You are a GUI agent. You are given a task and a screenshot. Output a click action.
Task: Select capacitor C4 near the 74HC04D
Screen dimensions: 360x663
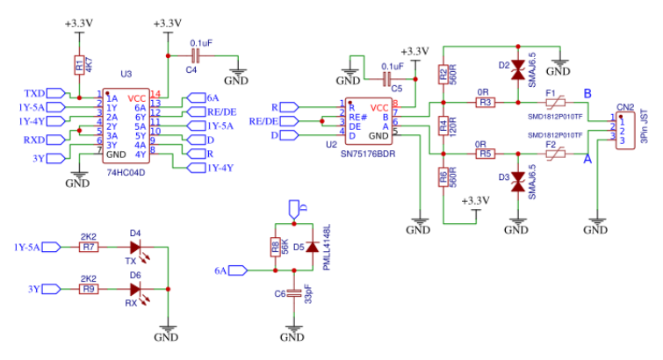[x=195, y=55]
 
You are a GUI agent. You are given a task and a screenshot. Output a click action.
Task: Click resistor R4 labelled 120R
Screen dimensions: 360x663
[x=443, y=127]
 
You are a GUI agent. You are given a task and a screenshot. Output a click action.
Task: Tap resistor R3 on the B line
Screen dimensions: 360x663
[x=486, y=102]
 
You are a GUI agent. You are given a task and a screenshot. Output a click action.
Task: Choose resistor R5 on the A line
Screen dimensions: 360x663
[x=486, y=153]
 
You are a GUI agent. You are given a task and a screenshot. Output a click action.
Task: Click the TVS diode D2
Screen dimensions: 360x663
[x=518, y=73]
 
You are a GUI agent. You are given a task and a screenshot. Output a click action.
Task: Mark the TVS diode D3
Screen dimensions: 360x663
[x=518, y=182]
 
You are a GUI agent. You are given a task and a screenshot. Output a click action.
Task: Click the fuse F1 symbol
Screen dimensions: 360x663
[x=552, y=102]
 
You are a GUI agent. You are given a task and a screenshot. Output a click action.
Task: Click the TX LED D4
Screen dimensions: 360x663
[x=136, y=248]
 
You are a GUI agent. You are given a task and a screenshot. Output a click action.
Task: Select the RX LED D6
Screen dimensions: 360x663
[x=136, y=288]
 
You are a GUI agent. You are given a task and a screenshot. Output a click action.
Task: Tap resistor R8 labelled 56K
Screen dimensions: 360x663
[x=275, y=247]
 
